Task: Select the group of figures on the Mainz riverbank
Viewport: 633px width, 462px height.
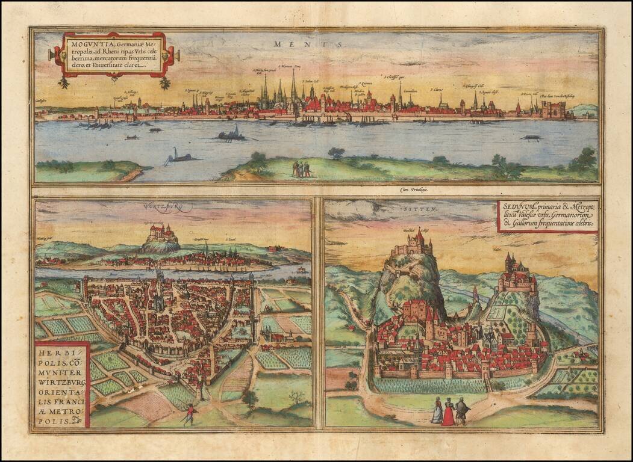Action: pos(302,168)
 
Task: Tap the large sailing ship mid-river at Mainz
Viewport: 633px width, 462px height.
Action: pos(232,134)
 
